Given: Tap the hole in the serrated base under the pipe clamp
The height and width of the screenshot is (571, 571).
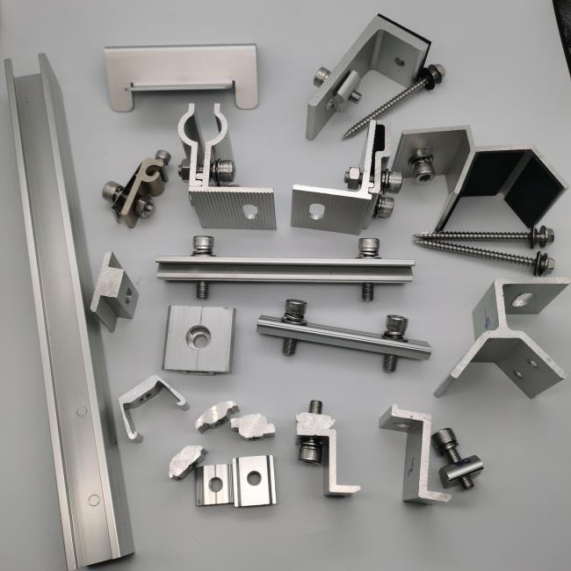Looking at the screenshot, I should (249, 211).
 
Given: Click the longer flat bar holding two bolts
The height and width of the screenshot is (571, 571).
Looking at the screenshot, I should (281, 266).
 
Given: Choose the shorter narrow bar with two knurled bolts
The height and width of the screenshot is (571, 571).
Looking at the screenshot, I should (343, 334).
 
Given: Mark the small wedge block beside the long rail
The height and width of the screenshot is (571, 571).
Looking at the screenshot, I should (114, 290).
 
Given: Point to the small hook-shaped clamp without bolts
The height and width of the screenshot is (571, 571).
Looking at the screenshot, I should (149, 400).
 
